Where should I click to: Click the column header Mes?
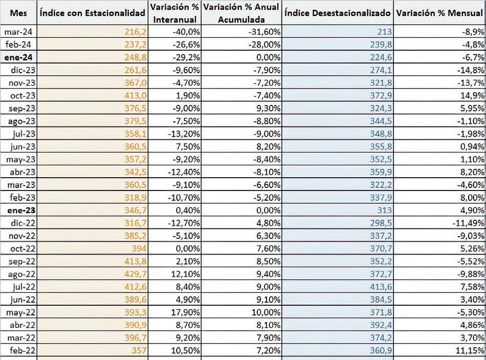18,13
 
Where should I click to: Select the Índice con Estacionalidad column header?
93,13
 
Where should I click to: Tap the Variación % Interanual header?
175,13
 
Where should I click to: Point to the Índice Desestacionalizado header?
338,13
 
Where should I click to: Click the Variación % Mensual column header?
439,13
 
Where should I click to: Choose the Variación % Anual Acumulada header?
241,13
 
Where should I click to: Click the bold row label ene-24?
18,57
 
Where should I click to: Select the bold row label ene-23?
21,210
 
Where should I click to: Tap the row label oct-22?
23,248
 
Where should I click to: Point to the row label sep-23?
22,109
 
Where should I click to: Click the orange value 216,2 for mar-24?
136,32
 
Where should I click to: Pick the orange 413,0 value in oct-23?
136,96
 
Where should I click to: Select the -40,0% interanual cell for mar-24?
186,32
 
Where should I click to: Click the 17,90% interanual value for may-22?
186,312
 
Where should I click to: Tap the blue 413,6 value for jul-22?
381,287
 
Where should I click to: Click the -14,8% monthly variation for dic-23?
471,70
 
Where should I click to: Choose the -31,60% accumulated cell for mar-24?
264,32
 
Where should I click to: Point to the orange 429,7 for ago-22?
136,274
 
